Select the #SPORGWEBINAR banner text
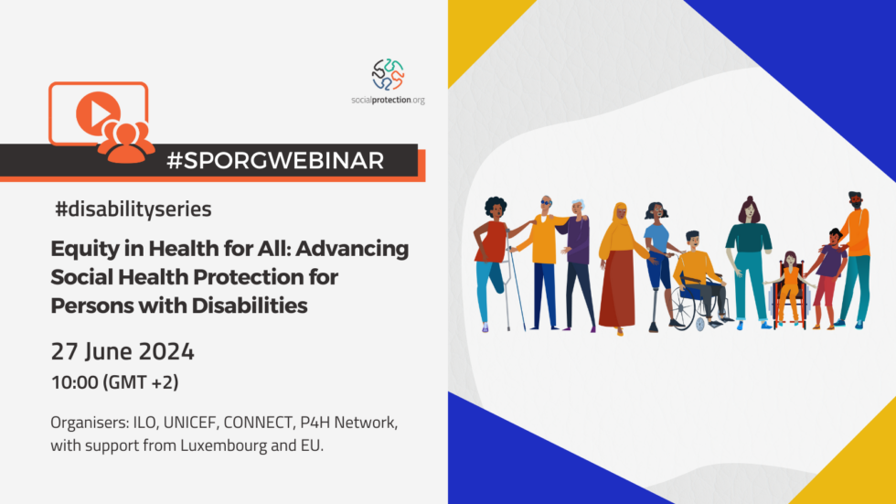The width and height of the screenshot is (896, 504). (x=275, y=160)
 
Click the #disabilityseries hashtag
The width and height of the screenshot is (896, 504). (x=133, y=209)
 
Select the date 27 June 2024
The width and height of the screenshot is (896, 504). (x=122, y=351)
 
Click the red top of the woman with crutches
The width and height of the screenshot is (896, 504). (x=490, y=241)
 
